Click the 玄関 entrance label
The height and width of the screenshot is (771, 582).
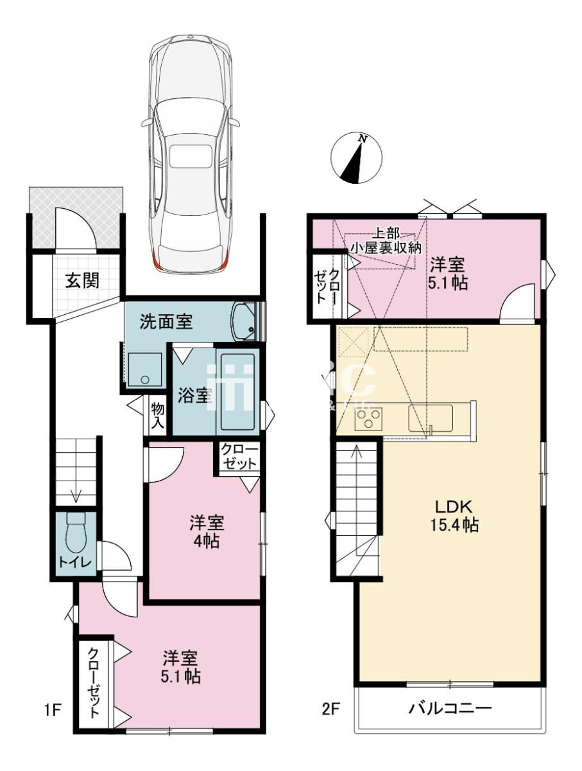point(82,281)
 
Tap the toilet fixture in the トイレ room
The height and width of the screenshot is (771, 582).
point(76,533)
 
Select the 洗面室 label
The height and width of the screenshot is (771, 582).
point(166,322)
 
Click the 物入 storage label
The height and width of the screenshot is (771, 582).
point(157,416)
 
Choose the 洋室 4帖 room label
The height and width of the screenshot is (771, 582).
point(207,532)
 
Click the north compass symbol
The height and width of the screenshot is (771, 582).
point(356,158)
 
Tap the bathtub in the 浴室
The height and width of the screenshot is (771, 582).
point(237,392)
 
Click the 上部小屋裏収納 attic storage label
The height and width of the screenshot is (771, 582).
point(386,242)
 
